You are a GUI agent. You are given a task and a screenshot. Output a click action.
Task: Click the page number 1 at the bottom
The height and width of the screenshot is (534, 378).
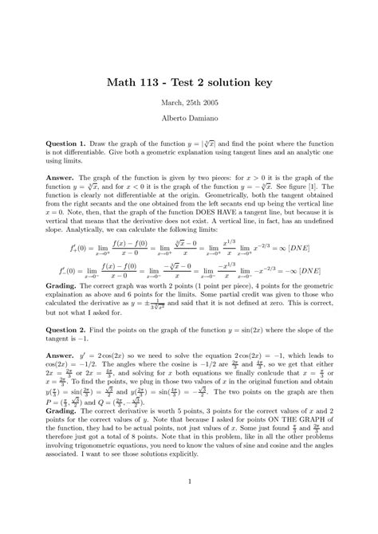(x=189, y=503)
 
